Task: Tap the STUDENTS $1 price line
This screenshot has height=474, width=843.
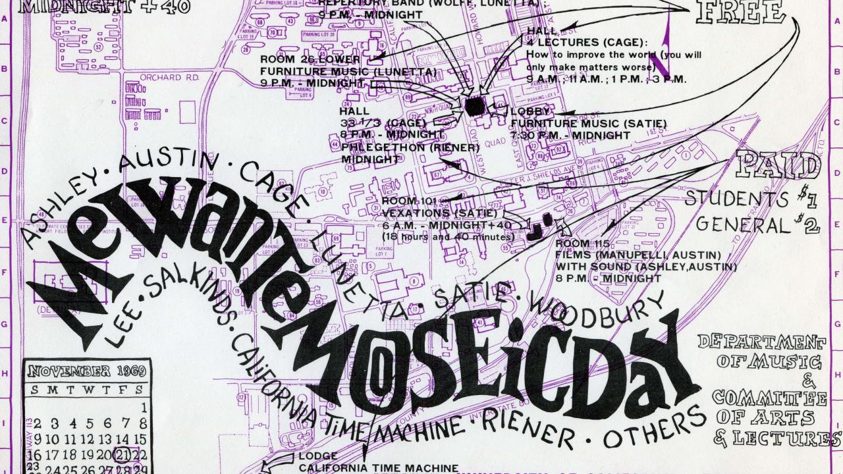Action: pyautogui.click(x=744, y=198)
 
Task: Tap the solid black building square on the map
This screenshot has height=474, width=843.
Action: pyautogui.click(x=475, y=106)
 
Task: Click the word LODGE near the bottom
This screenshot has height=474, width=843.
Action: pyautogui.click(x=318, y=456)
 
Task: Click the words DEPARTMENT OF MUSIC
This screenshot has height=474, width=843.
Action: pyautogui.click(x=767, y=352)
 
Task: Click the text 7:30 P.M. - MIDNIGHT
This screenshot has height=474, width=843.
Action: pyautogui.click(x=570, y=135)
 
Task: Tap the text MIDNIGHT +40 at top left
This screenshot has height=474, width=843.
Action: pyautogui.click(x=105, y=7)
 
